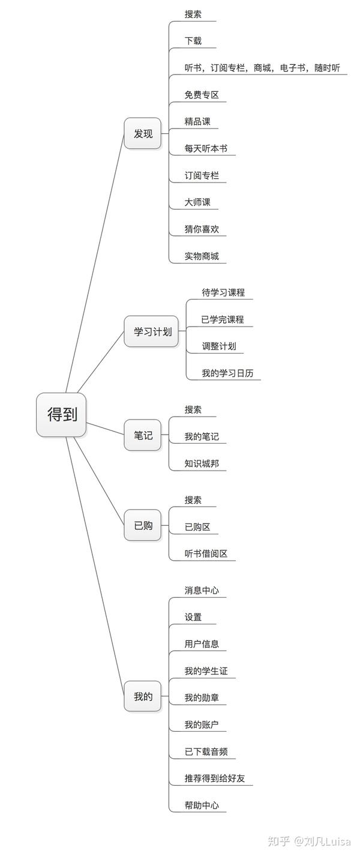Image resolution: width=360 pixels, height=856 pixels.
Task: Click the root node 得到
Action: pos(61,415)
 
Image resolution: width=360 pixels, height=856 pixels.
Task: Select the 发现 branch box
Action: pos(143,133)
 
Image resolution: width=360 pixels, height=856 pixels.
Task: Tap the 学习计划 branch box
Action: pos(151,331)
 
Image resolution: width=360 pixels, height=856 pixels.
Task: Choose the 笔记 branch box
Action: pos(143,435)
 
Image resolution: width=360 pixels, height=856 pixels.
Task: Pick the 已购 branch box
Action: pos(143,525)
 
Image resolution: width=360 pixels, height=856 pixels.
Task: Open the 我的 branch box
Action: pos(143,696)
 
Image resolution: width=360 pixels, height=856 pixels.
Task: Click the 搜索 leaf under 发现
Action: pos(193,14)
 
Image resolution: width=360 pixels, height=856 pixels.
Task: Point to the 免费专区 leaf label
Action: pos(202,95)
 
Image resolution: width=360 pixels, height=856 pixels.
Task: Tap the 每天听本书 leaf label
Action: pos(206,148)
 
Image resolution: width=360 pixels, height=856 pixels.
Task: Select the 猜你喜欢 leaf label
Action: pos(202,229)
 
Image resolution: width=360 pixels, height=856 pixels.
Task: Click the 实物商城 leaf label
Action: pos(202,256)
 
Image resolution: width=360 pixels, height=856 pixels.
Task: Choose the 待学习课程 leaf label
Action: pos(223,292)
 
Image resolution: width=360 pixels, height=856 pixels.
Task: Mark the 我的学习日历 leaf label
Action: pos(227,373)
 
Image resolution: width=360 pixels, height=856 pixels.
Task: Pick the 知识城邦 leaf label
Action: pos(202,463)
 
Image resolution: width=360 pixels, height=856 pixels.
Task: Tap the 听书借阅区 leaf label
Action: pos(206,553)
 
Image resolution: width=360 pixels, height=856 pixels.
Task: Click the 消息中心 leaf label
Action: pos(202,591)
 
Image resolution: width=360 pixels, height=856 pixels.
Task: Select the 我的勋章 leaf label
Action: pos(202,698)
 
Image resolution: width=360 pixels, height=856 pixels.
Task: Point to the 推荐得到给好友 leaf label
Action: pos(215,778)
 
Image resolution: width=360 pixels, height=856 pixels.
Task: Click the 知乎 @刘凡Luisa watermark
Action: pos(309,841)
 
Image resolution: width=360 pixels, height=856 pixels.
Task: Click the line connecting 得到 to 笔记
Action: pos(106,429)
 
